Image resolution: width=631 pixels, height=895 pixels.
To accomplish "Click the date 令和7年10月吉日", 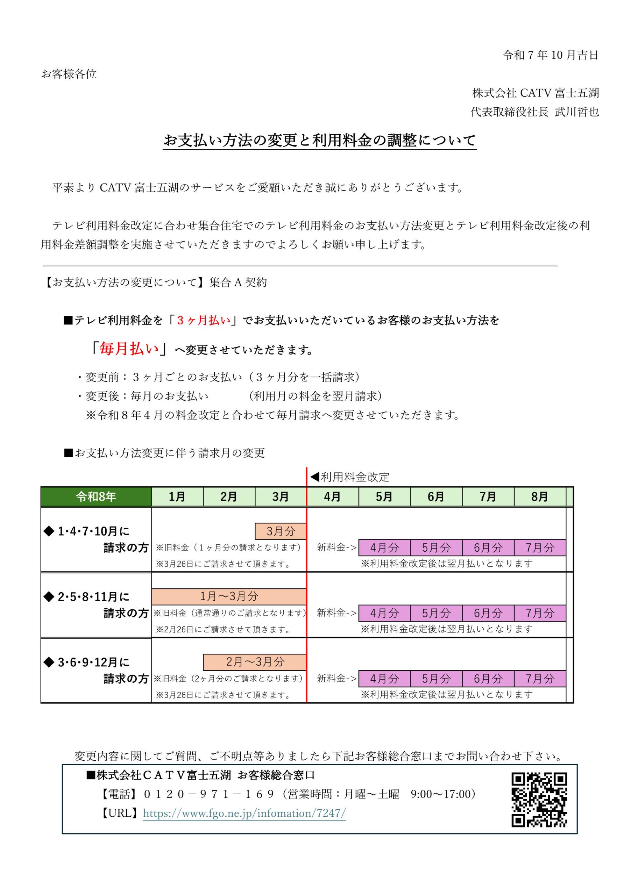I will click(x=550, y=55).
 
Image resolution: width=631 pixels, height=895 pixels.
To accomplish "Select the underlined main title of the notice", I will click(x=319, y=140).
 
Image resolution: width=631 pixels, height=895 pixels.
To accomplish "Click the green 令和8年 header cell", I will click(x=96, y=496).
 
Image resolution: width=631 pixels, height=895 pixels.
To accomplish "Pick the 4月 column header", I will click(x=332, y=496).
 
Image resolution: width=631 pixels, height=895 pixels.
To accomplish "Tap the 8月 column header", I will click(x=539, y=496).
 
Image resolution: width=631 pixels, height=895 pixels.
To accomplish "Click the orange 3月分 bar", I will click(x=281, y=531).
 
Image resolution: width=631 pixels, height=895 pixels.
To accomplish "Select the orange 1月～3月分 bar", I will click(x=229, y=596).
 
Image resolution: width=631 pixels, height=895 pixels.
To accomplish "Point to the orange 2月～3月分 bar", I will click(x=255, y=661).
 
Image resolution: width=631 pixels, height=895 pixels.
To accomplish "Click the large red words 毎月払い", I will click(x=129, y=349).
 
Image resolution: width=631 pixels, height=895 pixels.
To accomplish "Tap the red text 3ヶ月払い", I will click(x=204, y=321).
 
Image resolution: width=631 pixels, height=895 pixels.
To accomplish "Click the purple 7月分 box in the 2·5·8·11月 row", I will click(x=540, y=613).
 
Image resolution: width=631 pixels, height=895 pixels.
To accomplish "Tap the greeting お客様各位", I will click(x=69, y=74).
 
